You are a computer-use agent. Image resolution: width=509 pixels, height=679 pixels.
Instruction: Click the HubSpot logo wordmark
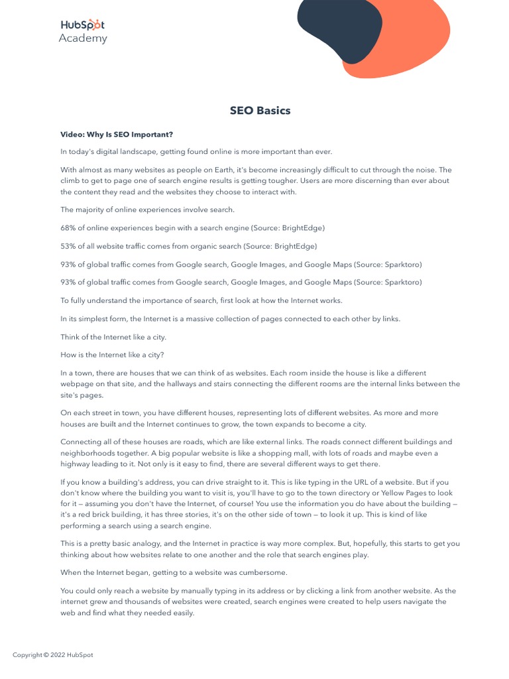click(82, 25)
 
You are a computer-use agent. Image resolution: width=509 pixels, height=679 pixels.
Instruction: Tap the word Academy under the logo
click(82, 38)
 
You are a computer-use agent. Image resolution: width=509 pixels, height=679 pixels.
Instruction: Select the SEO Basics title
click(260, 111)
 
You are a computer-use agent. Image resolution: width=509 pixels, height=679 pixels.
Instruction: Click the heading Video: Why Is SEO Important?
click(117, 135)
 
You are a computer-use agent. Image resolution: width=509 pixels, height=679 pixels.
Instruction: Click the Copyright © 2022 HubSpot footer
click(53, 655)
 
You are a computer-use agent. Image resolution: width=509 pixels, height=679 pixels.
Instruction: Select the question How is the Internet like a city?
click(112, 355)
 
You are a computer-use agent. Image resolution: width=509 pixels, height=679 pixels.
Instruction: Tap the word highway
click(76, 464)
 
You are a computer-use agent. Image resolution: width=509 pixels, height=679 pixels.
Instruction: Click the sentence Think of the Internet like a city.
click(113, 337)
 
